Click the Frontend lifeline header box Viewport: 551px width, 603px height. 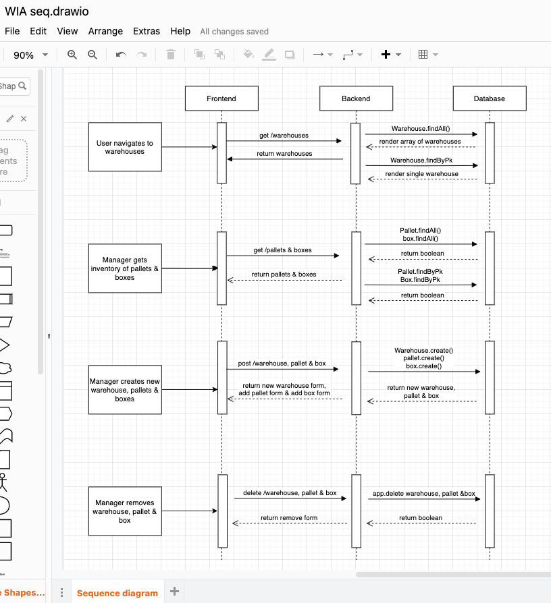click(x=221, y=99)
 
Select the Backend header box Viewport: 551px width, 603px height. click(x=356, y=99)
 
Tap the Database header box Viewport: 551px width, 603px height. click(x=490, y=99)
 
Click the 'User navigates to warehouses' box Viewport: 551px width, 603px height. click(x=125, y=147)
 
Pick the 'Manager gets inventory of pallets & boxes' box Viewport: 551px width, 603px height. click(x=125, y=268)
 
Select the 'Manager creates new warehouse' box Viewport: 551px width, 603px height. click(x=125, y=390)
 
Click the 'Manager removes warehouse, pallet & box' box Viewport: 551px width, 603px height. click(x=125, y=511)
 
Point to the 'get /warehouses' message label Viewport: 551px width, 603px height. click(x=284, y=136)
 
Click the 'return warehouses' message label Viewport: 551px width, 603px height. click(x=284, y=154)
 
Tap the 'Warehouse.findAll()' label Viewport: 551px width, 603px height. click(x=421, y=128)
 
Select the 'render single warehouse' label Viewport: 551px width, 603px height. click(x=422, y=174)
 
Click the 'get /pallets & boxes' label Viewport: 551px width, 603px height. click(x=282, y=250)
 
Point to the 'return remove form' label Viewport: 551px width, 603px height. click(x=289, y=518)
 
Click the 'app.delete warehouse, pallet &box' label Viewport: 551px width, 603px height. click(x=423, y=494)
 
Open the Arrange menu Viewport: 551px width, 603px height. click(x=105, y=31)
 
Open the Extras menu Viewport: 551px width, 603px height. click(x=147, y=31)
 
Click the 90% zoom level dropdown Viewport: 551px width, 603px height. click(x=30, y=55)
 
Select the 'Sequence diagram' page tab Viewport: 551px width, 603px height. click(x=117, y=594)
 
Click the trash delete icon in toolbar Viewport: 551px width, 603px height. click(x=171, y=55)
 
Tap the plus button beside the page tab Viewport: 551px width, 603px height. click(x=174, y=592)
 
